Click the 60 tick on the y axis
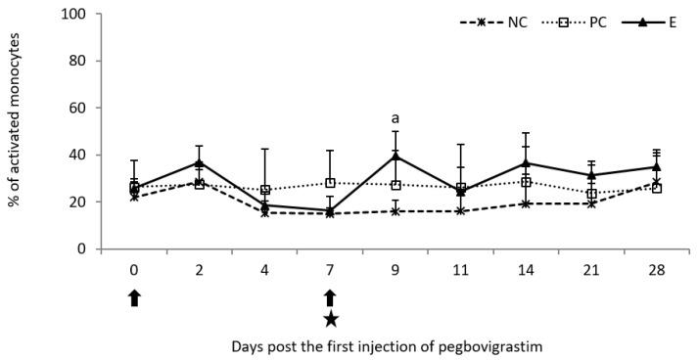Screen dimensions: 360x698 click(79, 108)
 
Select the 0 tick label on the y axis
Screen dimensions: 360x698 click(83, 249)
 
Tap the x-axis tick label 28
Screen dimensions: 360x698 click(655, 266)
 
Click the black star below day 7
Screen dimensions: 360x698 click(331, 319)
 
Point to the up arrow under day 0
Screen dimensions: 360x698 click(133, 298)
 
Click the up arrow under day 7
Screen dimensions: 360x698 click(331, 297)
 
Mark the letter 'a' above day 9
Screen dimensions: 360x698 click(396, 118)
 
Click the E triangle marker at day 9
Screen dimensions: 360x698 click(396, 157)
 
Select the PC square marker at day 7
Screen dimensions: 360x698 click(331, 183)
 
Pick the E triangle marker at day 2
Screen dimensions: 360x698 click(199, 162)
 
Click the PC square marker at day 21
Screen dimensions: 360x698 click(591, 194)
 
